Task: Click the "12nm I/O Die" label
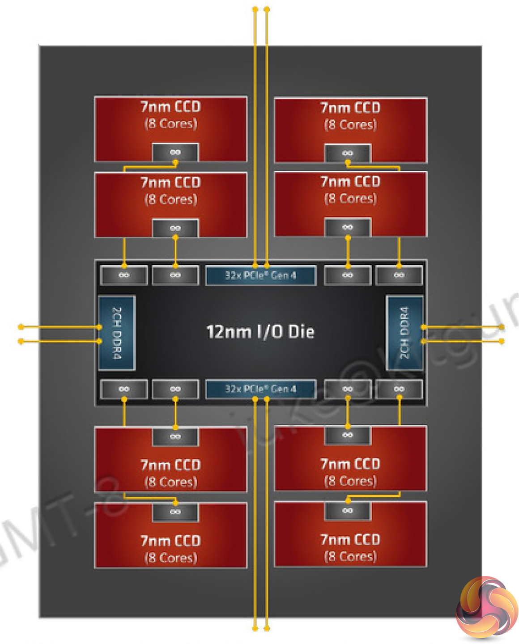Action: coord(260,332)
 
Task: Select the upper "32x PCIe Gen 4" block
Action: coord(260,275)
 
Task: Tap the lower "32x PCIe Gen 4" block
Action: coord(260,389)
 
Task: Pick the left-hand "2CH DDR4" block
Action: coord(116,333)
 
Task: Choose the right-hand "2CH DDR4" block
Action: coord(404,333)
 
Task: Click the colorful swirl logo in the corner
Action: coord(486,607)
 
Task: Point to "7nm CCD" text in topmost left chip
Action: coord(170,107)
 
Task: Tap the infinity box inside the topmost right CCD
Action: coord(348,153)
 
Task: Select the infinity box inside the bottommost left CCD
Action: coord(175,512)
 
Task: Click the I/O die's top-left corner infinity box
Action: coord(124,275)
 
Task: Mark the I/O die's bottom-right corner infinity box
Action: coord(399,389)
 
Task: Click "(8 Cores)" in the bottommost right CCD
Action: coord(350,556)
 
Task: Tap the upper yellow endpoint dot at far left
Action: coord(21,327)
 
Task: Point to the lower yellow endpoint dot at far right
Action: coord(502,341)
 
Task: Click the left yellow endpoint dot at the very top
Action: coord(255,9)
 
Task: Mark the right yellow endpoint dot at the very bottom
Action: coord(267,628)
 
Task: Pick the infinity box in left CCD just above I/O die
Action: coord(175,228)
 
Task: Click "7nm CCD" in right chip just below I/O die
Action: coord(350,464)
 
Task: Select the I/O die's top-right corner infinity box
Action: coord(399,275)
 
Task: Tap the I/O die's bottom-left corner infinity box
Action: coord(124,389)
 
